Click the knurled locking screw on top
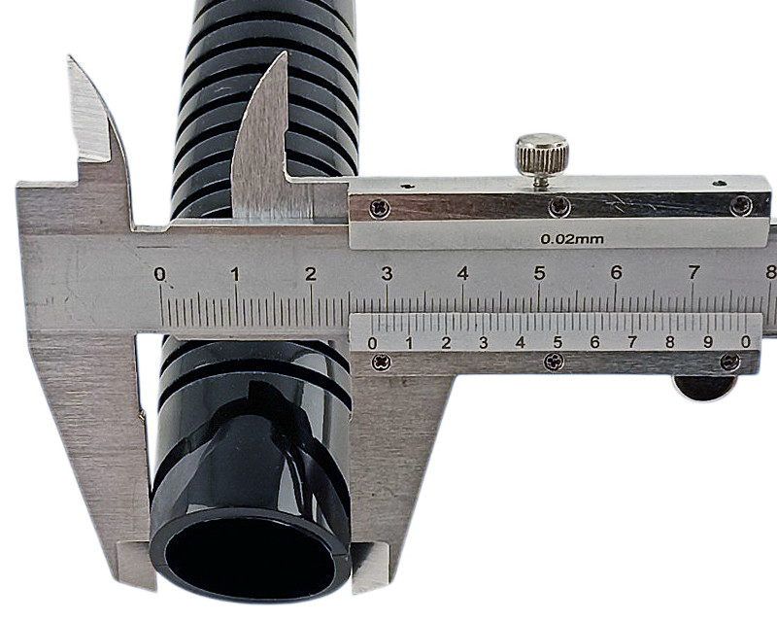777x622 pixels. (x=542, y=155)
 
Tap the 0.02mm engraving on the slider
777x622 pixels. (x=572, y=239)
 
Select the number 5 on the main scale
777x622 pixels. (x=539, y=273)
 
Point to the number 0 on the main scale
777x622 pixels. (x=159, y=274)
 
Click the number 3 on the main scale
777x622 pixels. (x=387, y=273)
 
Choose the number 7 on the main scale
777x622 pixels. (x=693, y=272)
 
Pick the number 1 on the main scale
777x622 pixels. (x=235, y=274)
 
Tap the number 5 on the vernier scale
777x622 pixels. (x=557, y=342)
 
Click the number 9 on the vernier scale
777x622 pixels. (x=708, y=342)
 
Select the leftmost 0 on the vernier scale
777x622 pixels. (x=372, y=343)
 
